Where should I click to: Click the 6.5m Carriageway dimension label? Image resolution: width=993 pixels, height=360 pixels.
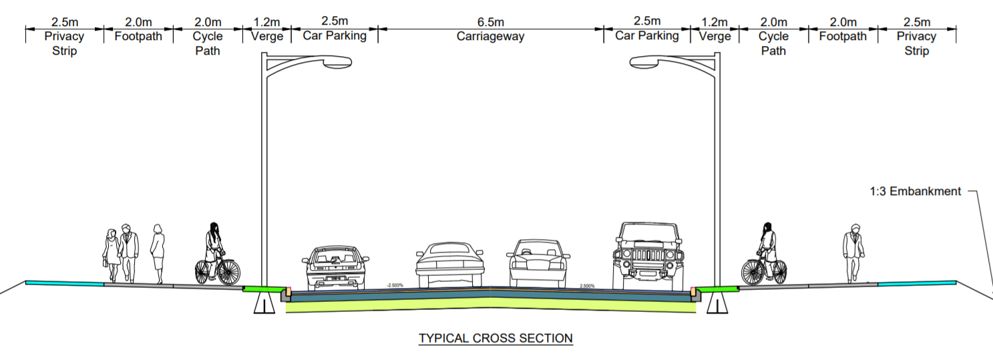[490, 29]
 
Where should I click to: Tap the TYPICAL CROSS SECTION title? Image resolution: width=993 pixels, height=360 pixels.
[495, 339]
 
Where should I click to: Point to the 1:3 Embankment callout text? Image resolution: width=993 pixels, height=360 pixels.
[915, 192]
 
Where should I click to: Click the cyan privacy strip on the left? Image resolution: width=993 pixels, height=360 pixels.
[65, 283]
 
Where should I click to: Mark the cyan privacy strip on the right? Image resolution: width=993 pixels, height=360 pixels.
[916, 284]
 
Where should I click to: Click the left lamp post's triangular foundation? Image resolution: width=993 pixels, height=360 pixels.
[265, 305]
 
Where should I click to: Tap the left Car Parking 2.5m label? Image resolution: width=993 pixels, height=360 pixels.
[335, 29]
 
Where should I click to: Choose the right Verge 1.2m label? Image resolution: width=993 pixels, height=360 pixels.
[715, 29]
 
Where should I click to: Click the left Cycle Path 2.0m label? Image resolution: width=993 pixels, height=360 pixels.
[207, 37]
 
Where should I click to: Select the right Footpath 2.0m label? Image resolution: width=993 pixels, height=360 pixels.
[843, 29]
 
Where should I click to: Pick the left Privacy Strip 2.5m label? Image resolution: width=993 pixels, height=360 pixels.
[64, 37]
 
